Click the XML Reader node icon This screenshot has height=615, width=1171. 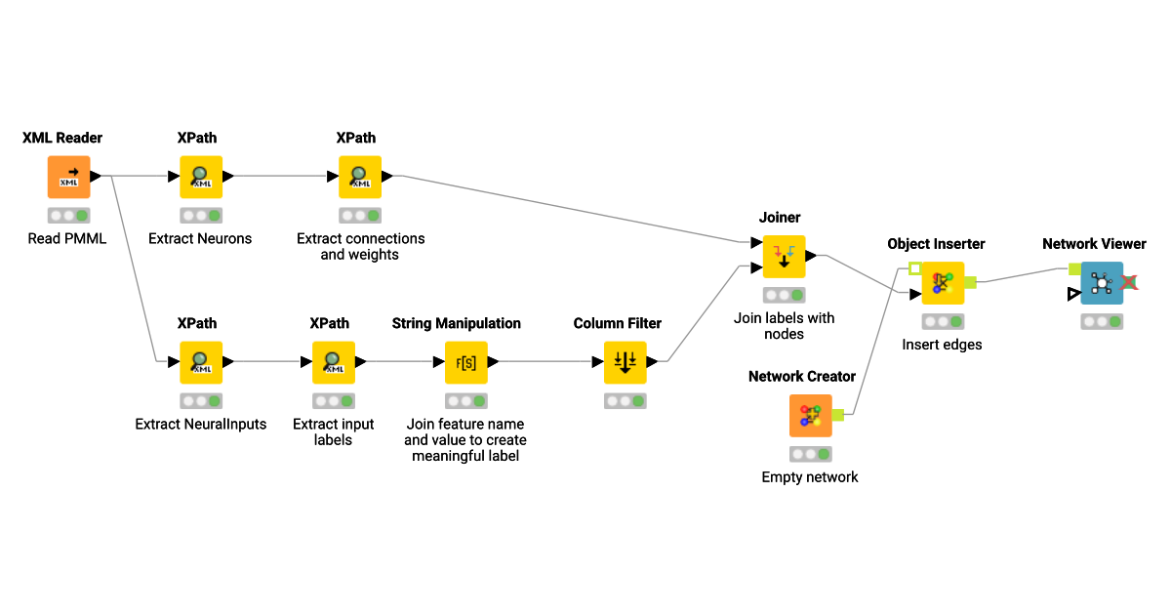68,177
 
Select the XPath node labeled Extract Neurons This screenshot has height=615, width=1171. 200,177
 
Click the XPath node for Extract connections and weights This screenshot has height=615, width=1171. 360,177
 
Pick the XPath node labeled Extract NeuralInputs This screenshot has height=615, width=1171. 200,362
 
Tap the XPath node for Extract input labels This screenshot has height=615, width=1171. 333,362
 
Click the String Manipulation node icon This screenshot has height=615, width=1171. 465,362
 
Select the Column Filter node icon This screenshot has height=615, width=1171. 626,362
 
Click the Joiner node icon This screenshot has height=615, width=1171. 784,257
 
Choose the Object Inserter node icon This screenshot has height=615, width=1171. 943,283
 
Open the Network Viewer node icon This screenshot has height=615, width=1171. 1102,283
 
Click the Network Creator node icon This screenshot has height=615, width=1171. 810,416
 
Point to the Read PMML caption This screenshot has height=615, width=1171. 67,238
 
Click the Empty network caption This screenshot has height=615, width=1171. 810,477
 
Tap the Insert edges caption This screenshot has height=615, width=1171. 942,345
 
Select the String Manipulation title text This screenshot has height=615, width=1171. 456,323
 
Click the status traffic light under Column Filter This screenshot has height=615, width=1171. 626,401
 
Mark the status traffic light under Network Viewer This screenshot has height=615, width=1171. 1102,321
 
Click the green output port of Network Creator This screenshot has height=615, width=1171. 837,415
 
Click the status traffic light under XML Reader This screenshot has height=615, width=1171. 68,216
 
